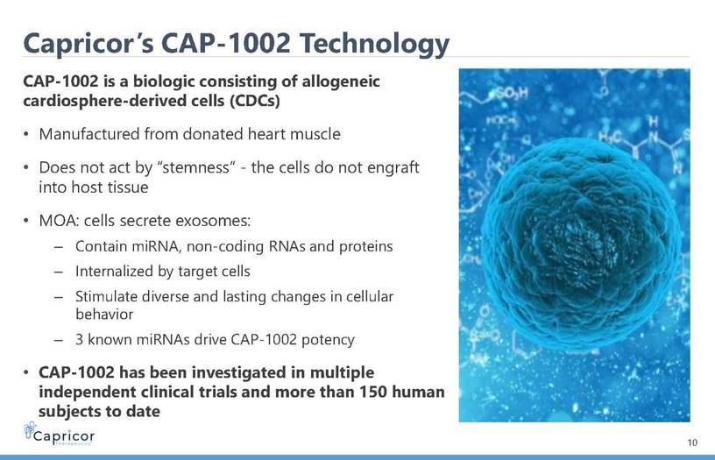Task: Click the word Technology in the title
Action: pyautogui.click(x=374, y=44)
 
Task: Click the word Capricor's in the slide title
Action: pyautogui.click(x=88, y=44)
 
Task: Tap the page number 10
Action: pyautogui.click(x=692, y=442)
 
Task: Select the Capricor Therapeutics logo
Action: pyautogui.click(x=59, y=434)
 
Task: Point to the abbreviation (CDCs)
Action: pyautogui.click(x=254, y=100)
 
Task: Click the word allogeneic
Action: pyautogui.click(x=341, y=81)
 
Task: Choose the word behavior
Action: pyautogui.click(x=104, y=314)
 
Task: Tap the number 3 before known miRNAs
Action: pyautogui.click(x=80, y=340)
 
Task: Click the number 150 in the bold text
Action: pyautogui.click(x=373, y=392)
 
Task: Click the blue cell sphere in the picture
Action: pyautogui.click(x=578, y=244)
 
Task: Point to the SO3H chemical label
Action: pyautogui.click(x=511, y=94)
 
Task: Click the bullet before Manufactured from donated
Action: pyautogui.click(x=26, y=134)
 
